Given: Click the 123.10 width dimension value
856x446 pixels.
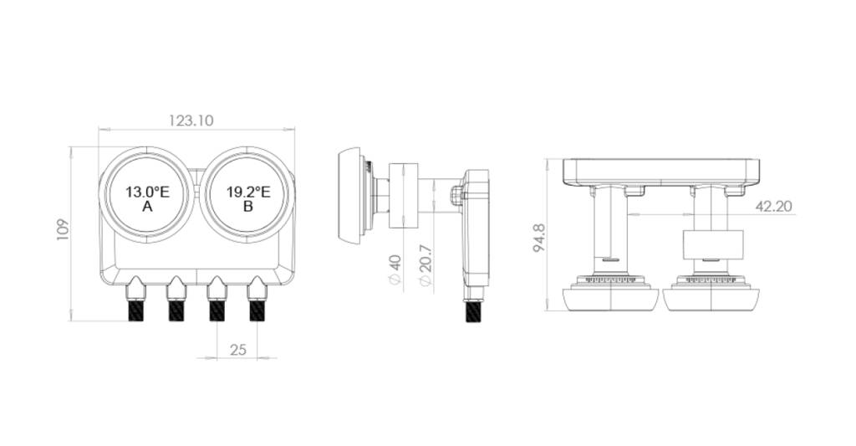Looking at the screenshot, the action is point(191,120).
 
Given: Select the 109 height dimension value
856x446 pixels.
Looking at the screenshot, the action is point(63,229).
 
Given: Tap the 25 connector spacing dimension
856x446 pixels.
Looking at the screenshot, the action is point(238,349).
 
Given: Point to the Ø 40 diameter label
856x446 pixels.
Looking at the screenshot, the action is point(395,269).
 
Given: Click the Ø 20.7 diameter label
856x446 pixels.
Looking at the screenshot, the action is point(425,265).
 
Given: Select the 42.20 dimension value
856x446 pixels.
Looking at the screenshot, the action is point(773,206).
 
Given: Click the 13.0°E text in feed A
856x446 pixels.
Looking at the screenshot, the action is point(147,192).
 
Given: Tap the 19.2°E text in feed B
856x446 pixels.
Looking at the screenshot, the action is point(248,192).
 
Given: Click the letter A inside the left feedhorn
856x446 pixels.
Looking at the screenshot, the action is point(147,207).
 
